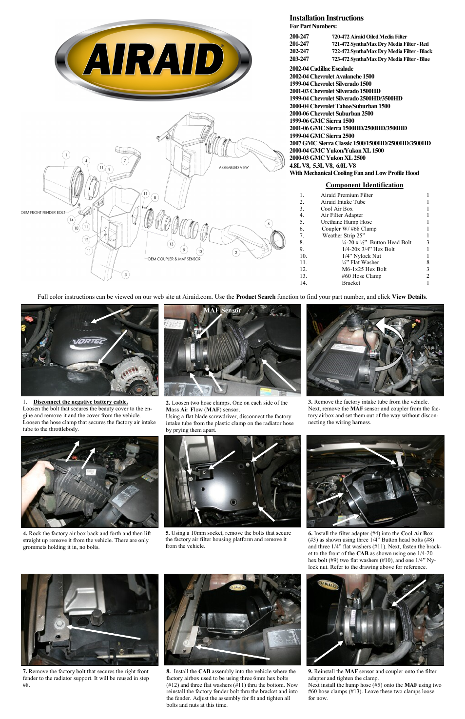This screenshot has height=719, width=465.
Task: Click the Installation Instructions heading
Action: coord(326,18)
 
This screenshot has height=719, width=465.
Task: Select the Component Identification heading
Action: coord(364,185)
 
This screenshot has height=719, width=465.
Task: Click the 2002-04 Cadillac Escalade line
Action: coord(321,69)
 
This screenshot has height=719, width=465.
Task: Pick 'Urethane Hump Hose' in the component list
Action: coord(346,222)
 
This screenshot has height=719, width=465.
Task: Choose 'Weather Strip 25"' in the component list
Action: coord(344,235)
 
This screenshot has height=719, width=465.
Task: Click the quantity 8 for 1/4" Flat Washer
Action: coord(427,262)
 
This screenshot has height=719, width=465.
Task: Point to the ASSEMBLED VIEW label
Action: coord(233,167)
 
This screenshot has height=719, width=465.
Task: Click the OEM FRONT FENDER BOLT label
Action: coord(43,213)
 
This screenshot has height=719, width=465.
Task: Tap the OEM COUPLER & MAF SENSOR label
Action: coord(174,259)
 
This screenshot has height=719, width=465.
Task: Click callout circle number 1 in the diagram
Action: coord(65,155)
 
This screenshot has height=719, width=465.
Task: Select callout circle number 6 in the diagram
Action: coord(268,224)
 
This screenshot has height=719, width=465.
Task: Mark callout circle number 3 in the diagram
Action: coord(125,274)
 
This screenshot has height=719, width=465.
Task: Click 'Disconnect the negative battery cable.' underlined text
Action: coord(80,402)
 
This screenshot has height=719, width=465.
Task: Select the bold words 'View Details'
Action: coord(409,296)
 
